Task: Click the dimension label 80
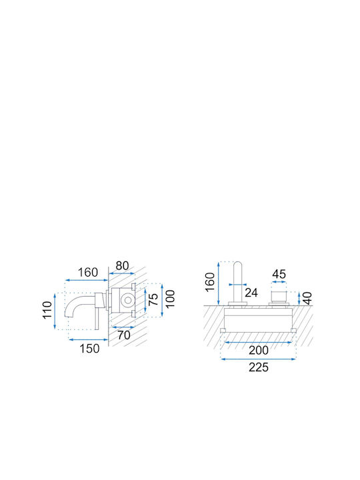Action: coord(122,265)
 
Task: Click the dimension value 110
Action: coord(47,310)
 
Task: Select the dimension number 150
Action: coord(89,349)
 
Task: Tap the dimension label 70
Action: coord(124,335)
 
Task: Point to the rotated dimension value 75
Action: coord(153,299)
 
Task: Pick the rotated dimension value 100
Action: coord(170,299)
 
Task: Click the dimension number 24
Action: coord(251,293)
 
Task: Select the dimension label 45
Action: coord(279,274)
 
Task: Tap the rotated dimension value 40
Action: coord(307,298)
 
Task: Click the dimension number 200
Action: coord(259,350)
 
